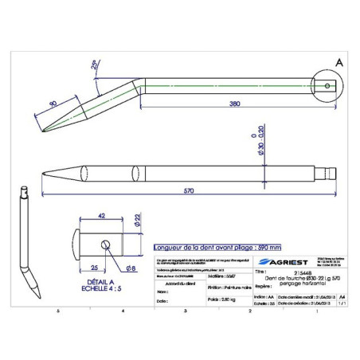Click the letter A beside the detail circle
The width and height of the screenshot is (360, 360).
pos(339,62)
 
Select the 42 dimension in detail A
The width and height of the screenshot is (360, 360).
pos(102,214)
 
